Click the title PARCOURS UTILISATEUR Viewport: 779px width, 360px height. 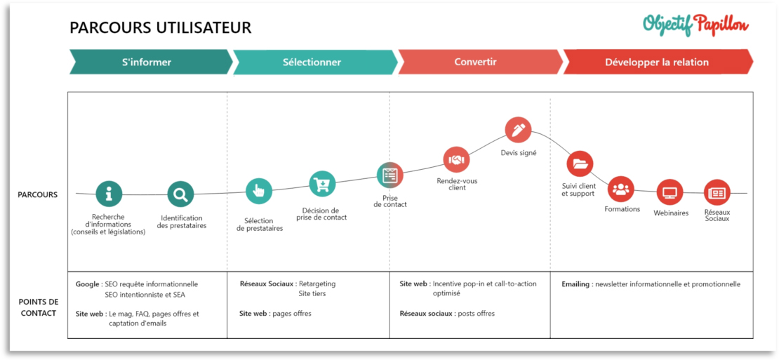point(161,28)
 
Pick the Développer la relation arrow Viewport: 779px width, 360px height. point(658,62)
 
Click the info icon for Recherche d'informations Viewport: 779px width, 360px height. point(109,194)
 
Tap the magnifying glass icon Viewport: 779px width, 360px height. point(180,194)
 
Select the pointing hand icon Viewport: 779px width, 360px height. point(259,191)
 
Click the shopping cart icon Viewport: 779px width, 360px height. point(322,184)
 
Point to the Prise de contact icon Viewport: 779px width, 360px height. point(390,175)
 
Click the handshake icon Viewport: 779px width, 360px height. point(456,159)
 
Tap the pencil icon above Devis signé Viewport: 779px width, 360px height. point(518,130)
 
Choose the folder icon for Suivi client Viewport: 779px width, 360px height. point(580,164)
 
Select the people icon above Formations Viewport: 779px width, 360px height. point(621,189)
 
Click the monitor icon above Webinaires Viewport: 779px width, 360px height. point(670,193)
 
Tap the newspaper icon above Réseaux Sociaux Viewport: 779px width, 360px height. point(717,193)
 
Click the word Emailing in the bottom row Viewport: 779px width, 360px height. point(575,284)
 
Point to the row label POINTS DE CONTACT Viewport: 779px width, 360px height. point(39,307)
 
